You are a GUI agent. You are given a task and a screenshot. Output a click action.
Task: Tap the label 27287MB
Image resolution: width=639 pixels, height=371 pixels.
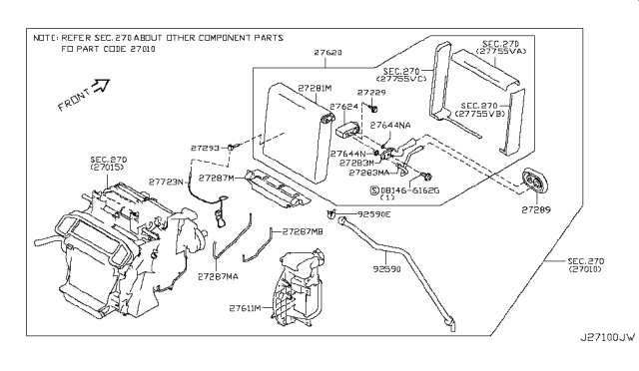303,231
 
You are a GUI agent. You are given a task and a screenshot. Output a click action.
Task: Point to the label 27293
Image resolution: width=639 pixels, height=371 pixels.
207,148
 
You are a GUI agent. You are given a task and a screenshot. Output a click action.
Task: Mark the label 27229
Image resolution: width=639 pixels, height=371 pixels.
370,92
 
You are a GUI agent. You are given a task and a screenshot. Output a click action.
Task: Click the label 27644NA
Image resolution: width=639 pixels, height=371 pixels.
390,126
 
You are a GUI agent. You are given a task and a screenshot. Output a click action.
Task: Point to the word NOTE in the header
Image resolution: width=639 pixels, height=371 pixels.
44,35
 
